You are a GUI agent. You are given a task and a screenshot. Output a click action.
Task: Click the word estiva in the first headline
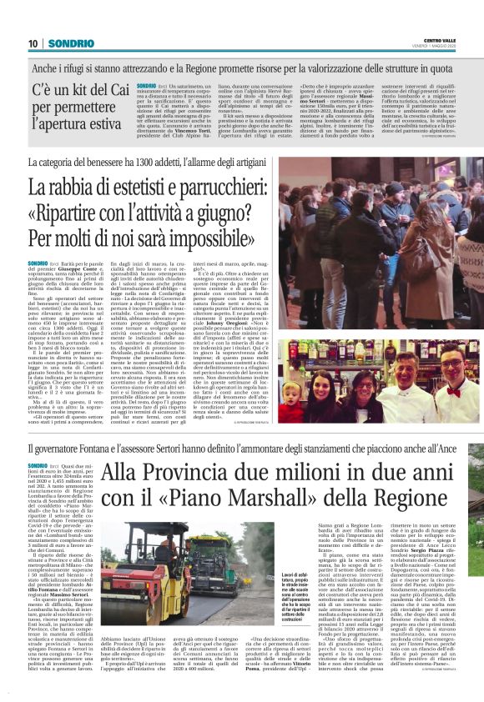(x=104, y=125)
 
